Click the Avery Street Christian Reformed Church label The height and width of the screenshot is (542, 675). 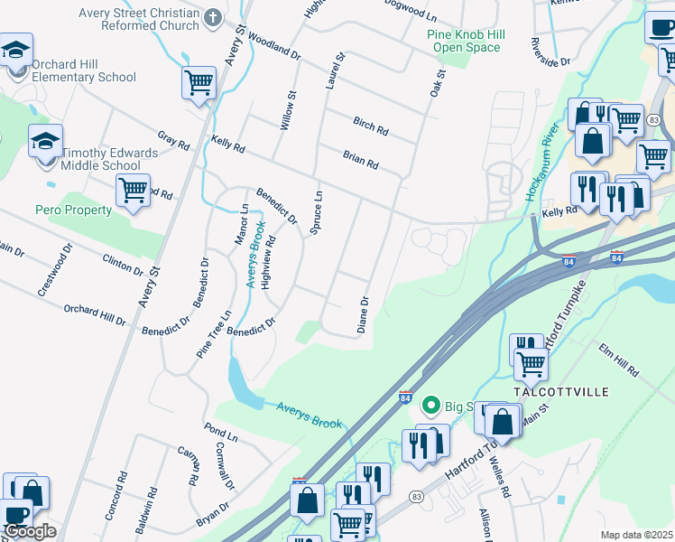pos(138,19)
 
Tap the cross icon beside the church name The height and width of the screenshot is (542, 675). pos(213,18)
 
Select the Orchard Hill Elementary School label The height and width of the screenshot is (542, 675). pos(84,70)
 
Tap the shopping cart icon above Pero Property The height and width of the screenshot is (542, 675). pos(134,192)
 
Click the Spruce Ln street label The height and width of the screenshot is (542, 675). pos(316,213)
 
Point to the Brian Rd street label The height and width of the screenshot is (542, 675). pos(360,160)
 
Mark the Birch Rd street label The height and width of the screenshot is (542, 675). pos(370,127)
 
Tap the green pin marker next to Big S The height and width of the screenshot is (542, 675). pos(431,405)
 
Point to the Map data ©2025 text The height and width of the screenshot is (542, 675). pos(636,535)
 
